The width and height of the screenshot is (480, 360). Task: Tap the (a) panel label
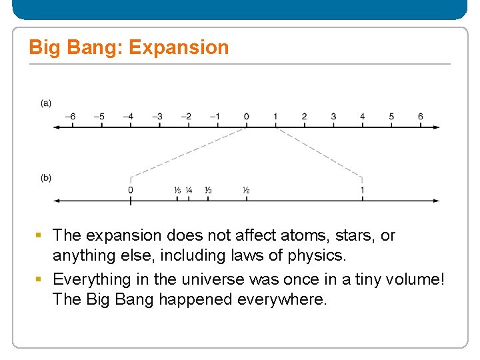[46, 103]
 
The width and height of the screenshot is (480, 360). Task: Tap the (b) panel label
[46, 177]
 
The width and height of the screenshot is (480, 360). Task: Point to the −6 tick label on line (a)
[70, 117]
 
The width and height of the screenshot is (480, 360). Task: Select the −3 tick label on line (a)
[157, 117]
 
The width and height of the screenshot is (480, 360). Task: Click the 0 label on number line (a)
[246, 117]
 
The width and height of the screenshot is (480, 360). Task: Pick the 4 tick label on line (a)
[362, 117]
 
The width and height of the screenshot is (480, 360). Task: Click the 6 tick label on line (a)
[420, 117]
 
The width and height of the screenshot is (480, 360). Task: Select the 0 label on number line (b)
[131, 190]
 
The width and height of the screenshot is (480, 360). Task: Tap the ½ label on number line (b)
[246, 191]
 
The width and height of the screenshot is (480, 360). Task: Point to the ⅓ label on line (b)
[208, 191]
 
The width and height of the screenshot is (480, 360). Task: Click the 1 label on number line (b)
[362, 190]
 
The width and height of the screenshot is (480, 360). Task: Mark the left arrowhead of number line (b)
[56, 200]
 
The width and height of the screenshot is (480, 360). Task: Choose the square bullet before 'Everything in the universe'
[39, 279]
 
